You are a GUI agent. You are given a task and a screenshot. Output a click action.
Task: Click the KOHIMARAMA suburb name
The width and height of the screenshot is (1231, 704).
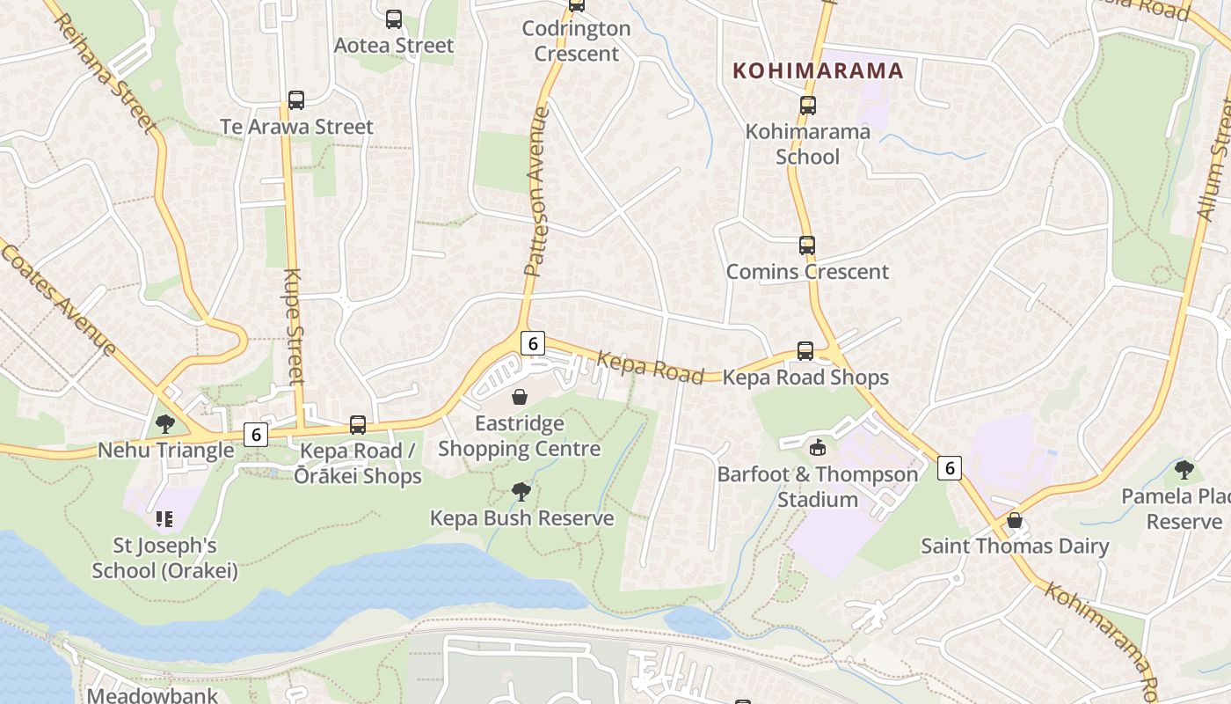pos(818,70)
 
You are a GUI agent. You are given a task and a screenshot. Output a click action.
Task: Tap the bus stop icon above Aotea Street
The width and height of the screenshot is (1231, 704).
pos(394,18)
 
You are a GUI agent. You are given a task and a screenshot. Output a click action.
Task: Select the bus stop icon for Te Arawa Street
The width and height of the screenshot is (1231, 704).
pos(296,100)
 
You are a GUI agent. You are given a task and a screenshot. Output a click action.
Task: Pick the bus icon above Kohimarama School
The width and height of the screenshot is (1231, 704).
pos(808,106)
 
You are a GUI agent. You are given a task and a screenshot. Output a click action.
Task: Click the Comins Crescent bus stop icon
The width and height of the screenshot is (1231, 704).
pos(807,246)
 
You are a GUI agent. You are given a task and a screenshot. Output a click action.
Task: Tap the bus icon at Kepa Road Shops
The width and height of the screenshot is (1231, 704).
pos(805,351)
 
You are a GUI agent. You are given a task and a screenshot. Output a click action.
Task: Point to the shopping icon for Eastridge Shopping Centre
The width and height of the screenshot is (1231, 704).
pos(520,397)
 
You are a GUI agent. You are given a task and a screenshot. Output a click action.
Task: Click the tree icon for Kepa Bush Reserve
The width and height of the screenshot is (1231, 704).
pos(521,491)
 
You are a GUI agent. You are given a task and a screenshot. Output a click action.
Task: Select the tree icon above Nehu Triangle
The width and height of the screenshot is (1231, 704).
pos(164,424)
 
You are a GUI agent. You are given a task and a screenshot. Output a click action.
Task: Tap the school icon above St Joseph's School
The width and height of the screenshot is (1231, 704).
pos(164,519)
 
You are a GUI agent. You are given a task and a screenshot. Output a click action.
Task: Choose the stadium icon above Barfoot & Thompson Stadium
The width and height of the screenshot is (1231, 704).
pos(818,447)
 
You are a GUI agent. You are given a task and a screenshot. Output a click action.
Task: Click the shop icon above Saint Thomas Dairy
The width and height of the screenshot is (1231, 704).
pos(1015,520)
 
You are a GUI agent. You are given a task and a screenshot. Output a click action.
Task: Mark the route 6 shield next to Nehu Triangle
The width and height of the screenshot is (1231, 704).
pos(256,434)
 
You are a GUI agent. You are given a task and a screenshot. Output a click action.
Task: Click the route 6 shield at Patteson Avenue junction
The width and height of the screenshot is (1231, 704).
pos(532,343)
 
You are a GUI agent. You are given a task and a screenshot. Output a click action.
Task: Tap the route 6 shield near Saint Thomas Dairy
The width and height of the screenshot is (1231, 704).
pos(949,467)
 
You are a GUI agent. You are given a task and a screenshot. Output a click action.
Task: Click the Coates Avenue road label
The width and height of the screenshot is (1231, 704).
pos(59,300)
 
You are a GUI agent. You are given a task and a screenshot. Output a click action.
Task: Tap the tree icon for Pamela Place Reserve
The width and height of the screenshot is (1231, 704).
pos(1184,469)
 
